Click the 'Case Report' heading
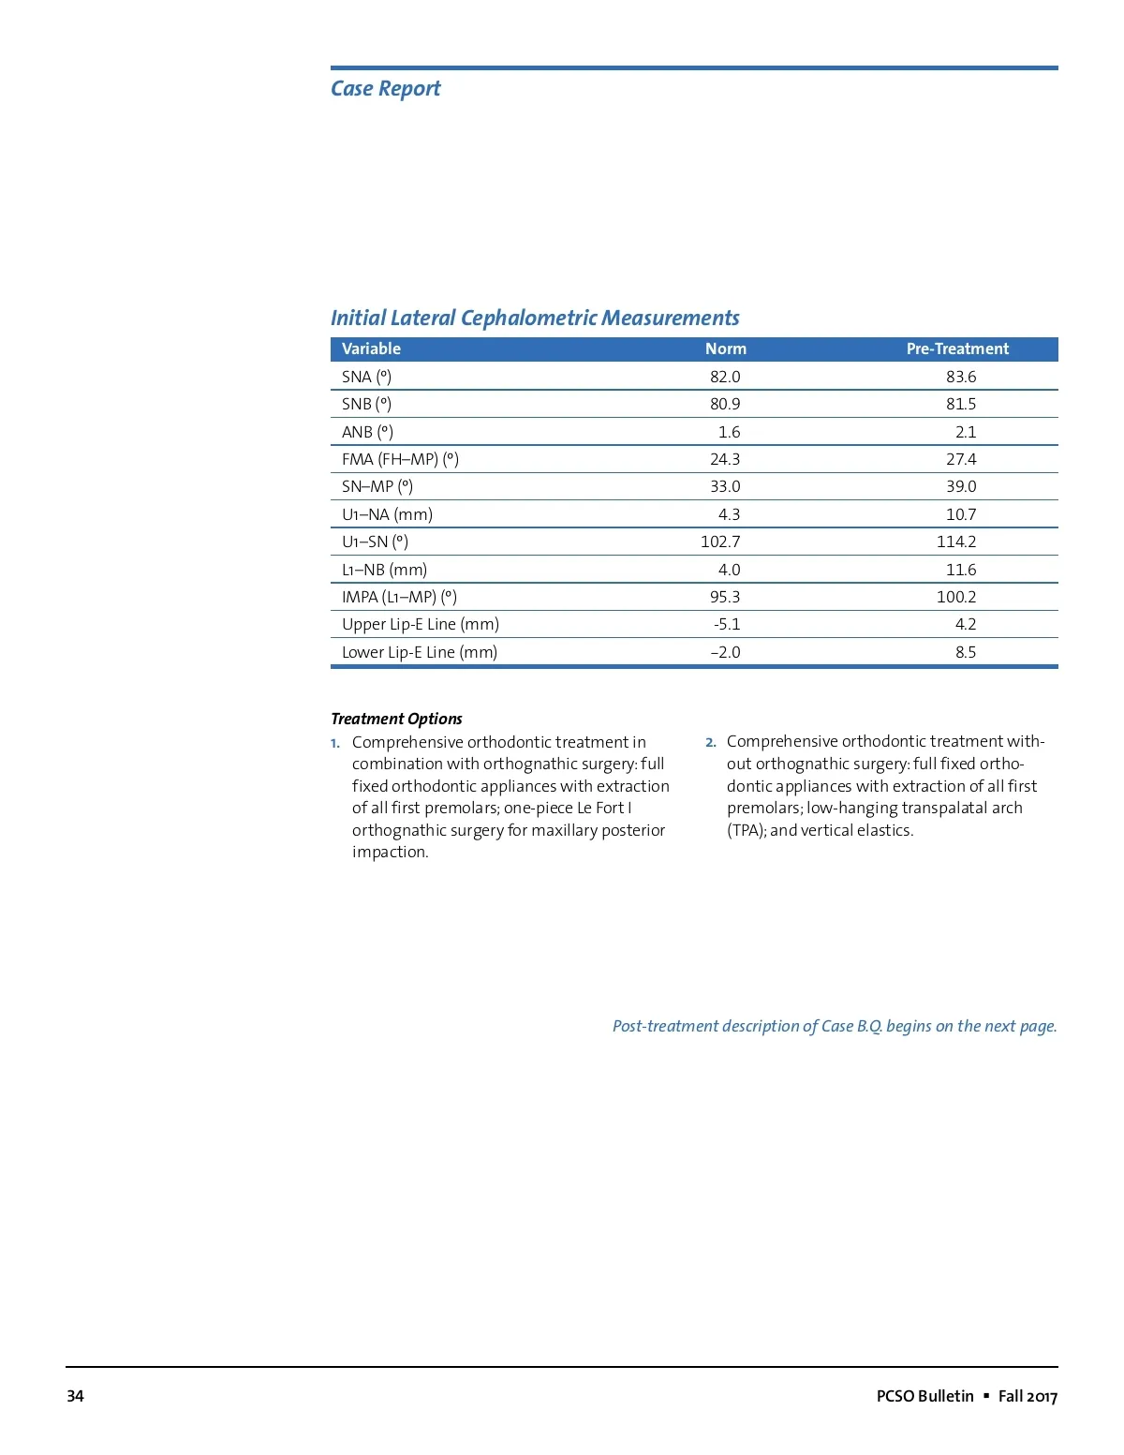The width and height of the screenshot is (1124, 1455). pyautogui.click(x=385, y=89)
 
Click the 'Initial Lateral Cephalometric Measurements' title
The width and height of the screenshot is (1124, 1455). pyautogui.click(x=535, y=319)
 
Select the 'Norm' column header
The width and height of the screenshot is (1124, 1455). pyautogui.click(x=726, y=349)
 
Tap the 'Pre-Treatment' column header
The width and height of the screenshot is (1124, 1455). pyautogui.click(x=957, y=349)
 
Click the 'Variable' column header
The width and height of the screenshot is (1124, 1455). pyautogui.click(x=371, y=349)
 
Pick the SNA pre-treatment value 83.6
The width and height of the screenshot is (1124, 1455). pyautogui.click(x=961, y=377)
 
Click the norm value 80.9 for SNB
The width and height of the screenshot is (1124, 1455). pyautogui.click(x=725, y=404)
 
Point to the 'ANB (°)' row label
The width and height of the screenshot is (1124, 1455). pyautogui.click(x=367, y=432)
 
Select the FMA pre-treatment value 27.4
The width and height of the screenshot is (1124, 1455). pyautogui.click(x=961, y=459)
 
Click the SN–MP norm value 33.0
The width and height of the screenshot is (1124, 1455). pyautogui.click(x=725, y=486)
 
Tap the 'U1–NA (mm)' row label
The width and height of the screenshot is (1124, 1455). pyautogui.click(x=387, y=514)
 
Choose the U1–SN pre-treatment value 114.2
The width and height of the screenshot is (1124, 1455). pyautogui.click(x=956, y=542)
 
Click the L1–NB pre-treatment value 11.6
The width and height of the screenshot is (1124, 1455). pyautogui.click(x=961, y=570)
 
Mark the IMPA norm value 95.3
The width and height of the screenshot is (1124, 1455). pyautogui.click(x=725, y=597)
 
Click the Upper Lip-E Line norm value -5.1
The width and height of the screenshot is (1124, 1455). pyautogui.click(x=727, y=624)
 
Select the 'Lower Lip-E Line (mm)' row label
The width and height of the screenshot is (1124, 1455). pyautogui.click(x=419, y=652)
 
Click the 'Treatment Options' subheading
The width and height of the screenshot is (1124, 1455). pyautogui.click(x=396, y=719)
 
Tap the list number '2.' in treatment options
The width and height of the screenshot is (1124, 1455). pyautogui.click(x=711, y=742)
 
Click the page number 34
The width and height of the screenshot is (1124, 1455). pyautogui.click(x=75, y=1396)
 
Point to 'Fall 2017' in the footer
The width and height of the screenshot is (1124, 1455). pyautogui.click(x=1028, y=1396)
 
